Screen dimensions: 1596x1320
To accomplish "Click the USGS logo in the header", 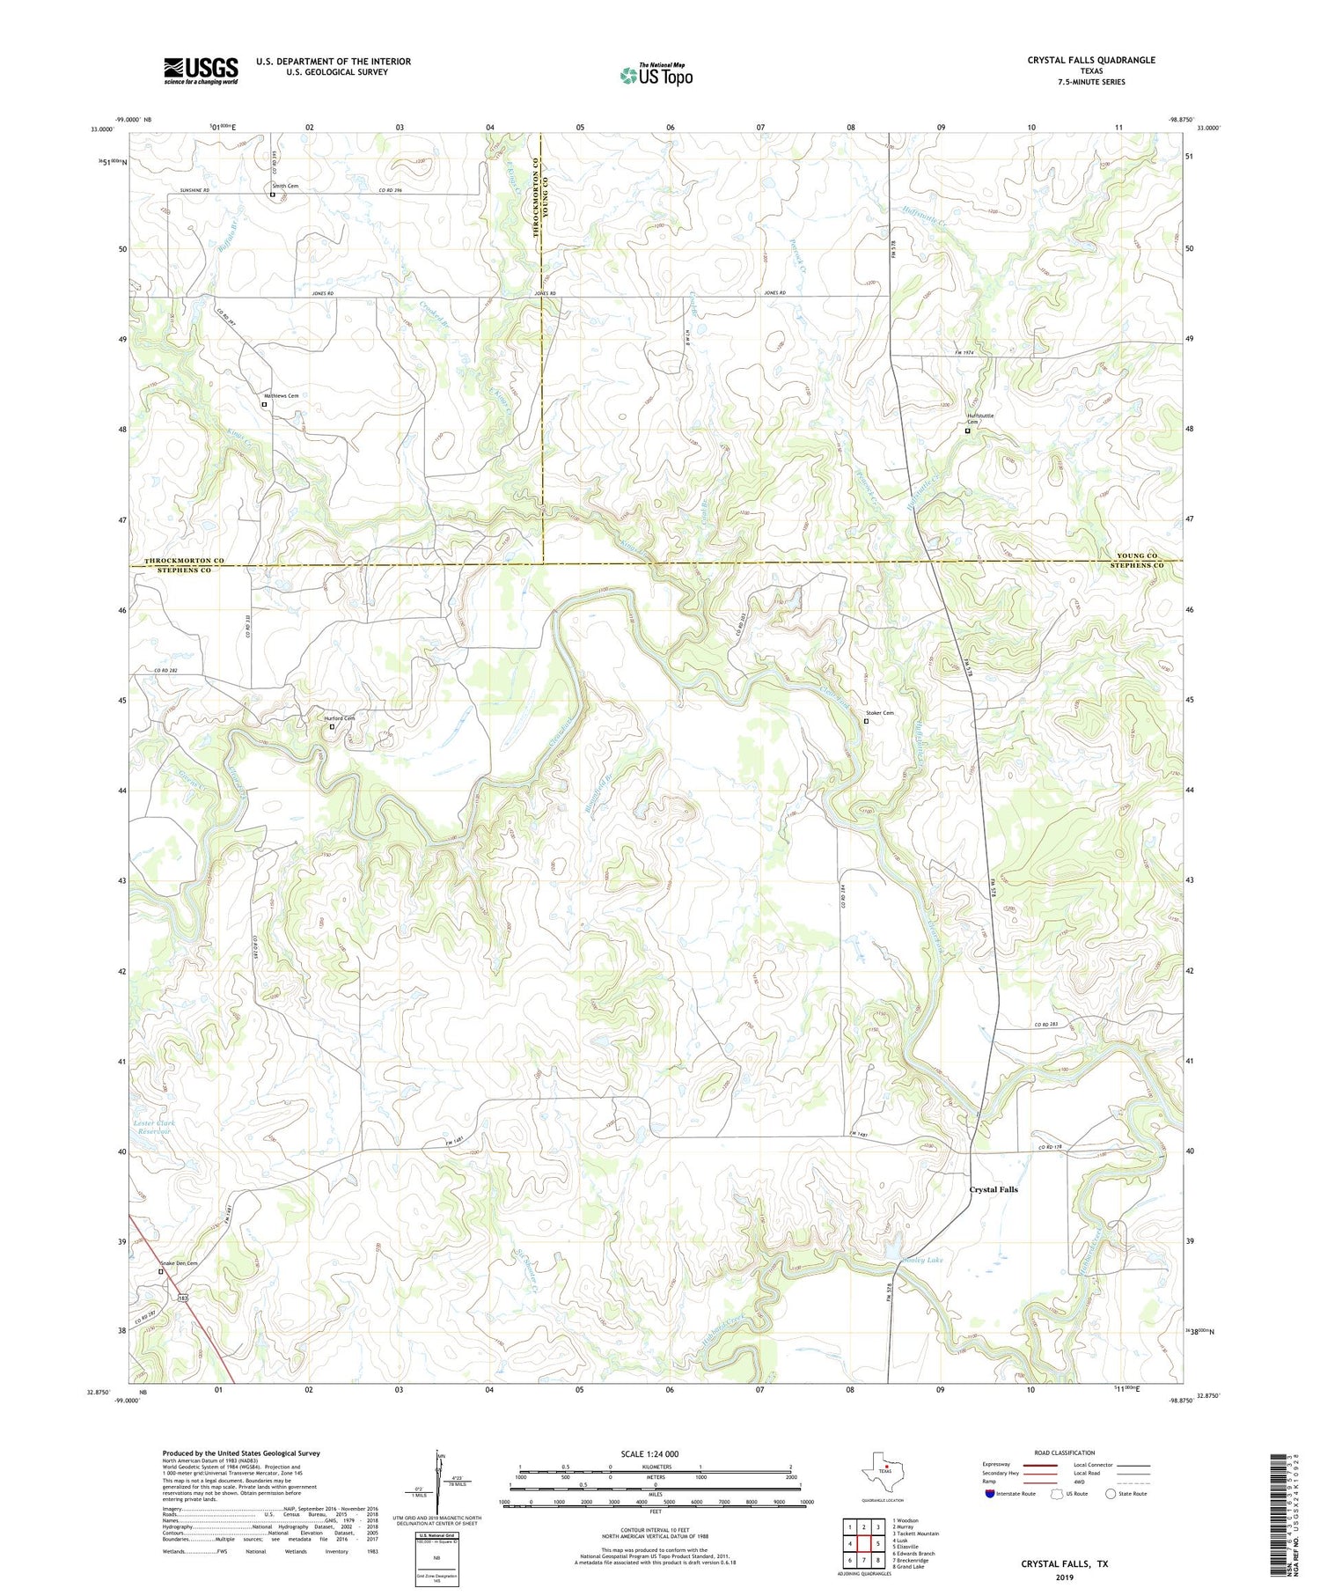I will pos(201,70).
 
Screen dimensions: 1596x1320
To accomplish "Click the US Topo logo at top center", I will pos(656,74).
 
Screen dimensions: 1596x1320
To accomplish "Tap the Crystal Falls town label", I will pos(993,1189).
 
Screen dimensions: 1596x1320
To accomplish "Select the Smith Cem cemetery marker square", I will pos(272,195).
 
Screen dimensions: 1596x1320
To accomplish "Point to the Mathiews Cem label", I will pos(282,396).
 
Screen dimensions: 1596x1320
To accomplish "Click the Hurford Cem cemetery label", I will pos(338,718).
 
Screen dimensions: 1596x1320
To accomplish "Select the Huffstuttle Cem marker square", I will pos(967,431).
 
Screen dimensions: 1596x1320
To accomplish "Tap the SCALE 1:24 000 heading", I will pos(649,1453).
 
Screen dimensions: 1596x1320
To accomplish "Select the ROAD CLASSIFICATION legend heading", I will pos(1065,1453).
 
